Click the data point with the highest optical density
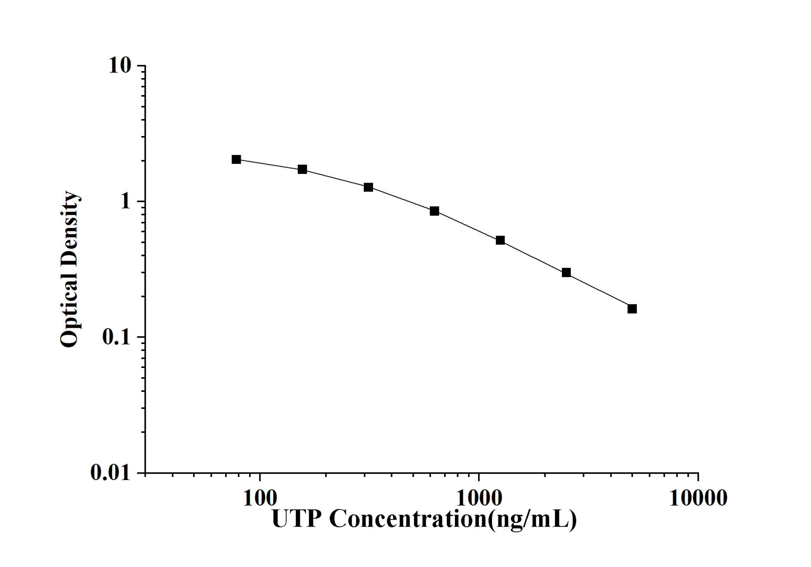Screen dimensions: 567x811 click(x=236, y=159)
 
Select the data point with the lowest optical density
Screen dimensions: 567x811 click(x=632, y=309)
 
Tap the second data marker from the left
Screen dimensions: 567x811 click(x=302, y=169)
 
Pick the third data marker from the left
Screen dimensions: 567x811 click(x=368, y=187)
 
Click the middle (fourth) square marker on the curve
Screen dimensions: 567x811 click(x=434, y=211)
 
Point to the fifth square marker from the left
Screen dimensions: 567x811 click(x=500, y=240)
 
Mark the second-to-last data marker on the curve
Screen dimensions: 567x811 click(x=566, y=273)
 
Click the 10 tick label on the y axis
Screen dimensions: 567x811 click(x=120, y=66)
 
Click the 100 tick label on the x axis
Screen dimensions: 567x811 click(x=260, y=499)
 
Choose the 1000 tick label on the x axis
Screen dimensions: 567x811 click(x=479, y=499)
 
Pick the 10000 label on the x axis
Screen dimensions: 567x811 click(x=698, y=499)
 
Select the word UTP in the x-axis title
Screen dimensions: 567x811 click(x=297, y=519)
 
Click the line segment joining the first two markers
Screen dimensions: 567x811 click(x=269, y=164)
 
